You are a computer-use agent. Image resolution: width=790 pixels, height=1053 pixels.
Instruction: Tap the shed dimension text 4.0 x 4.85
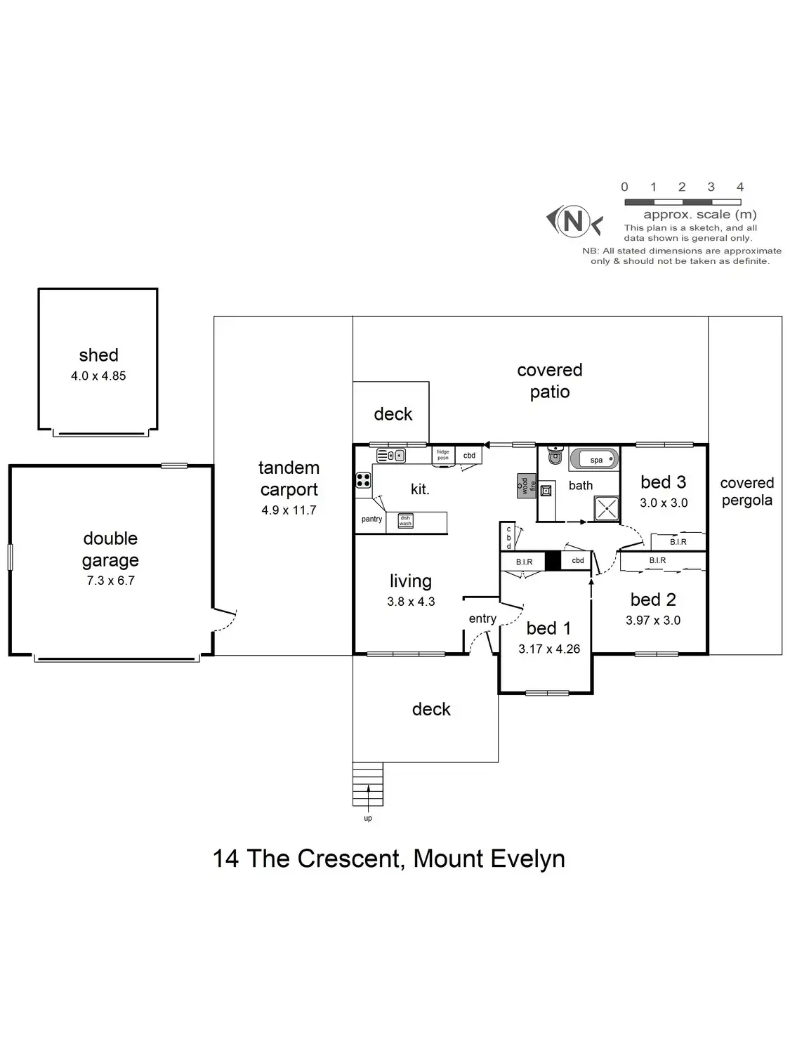click(98, 376)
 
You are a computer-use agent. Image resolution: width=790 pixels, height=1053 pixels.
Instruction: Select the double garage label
click(110, 549)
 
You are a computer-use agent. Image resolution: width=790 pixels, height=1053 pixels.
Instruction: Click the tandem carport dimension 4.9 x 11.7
click(289, 510)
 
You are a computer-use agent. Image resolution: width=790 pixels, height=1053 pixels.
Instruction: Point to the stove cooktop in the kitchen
click(364, 480)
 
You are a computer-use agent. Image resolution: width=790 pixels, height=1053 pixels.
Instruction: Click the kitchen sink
click(392, 456)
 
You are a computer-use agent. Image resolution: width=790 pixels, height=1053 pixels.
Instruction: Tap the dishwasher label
click(406, 520)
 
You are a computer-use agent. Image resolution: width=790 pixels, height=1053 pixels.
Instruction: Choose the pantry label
click(371, 519)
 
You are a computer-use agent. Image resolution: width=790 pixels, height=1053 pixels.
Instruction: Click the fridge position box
click(443, 455)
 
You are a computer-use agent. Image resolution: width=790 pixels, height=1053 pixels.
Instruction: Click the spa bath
click(594, 460)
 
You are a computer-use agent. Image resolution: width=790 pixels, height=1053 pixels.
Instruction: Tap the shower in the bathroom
click(607, 508)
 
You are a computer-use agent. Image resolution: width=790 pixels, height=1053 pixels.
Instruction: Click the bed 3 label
click(663, 482)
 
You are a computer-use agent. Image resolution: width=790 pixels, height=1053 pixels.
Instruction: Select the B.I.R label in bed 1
click(524, 562)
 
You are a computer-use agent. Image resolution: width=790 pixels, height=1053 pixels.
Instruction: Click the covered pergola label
click(746, 491)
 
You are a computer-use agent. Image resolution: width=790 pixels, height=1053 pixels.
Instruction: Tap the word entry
click(482, 618)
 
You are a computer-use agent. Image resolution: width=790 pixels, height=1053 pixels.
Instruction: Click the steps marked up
click(368, 784)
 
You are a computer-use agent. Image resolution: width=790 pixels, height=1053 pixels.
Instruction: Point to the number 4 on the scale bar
click(740, 187)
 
